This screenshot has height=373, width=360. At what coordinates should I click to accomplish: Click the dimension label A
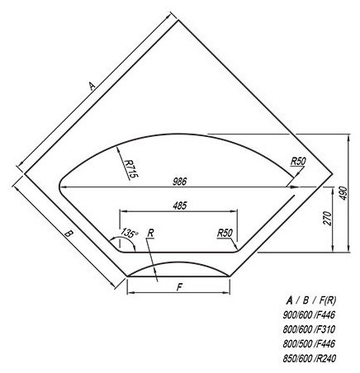[x=92, y=86]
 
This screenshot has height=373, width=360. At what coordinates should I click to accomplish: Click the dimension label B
[x=69, y=234]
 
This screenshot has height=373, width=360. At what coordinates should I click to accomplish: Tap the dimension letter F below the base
[x=179, y=287]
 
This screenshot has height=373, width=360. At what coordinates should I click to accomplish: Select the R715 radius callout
[x=131, y=169]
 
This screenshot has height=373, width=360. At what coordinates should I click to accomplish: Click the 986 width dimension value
[x=180, y=182]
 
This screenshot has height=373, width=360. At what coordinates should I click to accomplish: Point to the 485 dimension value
[x=180, y=205]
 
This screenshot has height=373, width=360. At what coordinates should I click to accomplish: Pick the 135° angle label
[x=130, y=233]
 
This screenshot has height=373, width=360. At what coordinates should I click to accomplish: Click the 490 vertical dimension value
[x=343, y=193]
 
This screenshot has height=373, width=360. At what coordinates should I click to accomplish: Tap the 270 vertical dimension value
[x=328, y=219]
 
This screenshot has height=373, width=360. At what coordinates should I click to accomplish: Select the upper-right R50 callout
[x=298, y=162]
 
